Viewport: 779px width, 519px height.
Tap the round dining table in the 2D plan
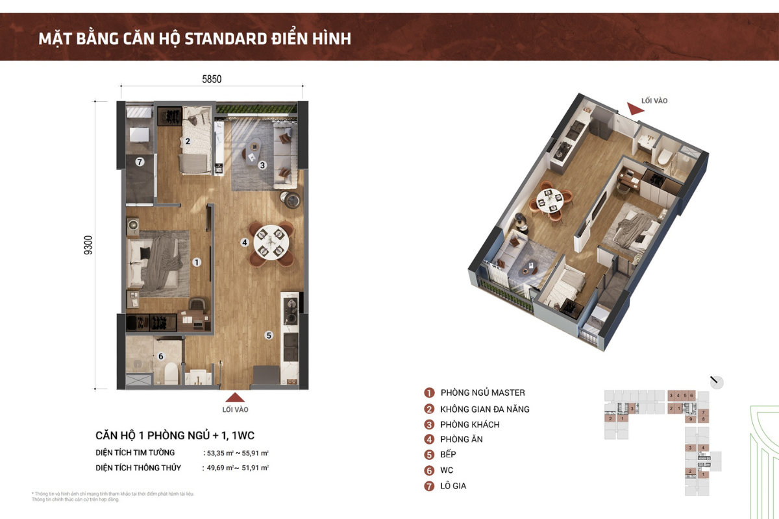coord(271,241)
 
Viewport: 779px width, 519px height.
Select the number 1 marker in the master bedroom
coord(197,262)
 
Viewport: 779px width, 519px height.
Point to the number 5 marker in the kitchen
coord(268,335)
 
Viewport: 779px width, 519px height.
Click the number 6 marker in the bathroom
coord(161,356)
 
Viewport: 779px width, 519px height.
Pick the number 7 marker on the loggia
coord(139,162)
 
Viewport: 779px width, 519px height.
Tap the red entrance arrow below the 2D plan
coord(235,398)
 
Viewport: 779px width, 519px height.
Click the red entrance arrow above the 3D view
coord(634,110)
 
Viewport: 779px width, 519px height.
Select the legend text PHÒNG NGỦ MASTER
coord(482,392)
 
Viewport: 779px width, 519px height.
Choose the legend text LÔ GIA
coord(453,486)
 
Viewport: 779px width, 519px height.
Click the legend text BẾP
coord(447,455)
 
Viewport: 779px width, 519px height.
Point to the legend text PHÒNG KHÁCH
coord(470,424)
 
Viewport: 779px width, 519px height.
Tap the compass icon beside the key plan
coord(717,381)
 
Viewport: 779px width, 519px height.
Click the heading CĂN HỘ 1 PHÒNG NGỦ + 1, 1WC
coord(179,435)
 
